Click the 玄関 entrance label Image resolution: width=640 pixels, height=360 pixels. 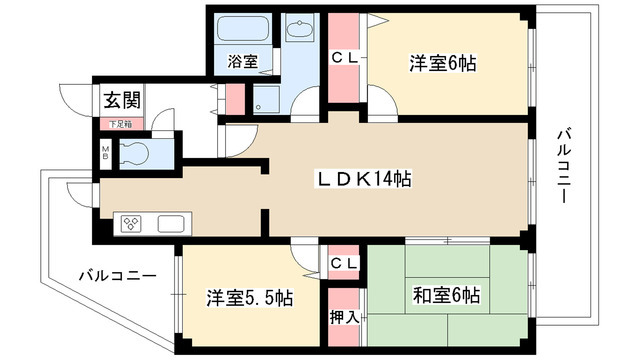click(119, 99)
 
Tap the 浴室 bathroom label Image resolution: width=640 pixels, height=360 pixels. click(242, 61)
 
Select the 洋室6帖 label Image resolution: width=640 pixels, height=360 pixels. click(441, 62)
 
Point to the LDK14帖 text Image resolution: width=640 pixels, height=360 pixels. click(365, 180)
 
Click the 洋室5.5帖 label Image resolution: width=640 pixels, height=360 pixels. click(249, 298)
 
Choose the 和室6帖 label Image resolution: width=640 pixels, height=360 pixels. click(446, 296)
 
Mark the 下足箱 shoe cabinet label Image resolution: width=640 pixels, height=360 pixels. click(119, 123)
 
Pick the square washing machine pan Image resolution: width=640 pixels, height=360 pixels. click(266, 99)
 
